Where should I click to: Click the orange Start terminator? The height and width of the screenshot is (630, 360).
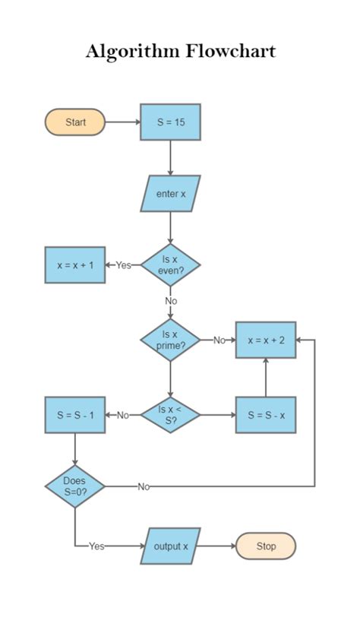pos(75,122)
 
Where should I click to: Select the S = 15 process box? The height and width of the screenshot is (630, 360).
pos(170,122)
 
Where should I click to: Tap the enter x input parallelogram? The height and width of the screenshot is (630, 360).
pos(170,194)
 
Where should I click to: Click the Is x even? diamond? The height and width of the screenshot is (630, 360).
pos(170,264)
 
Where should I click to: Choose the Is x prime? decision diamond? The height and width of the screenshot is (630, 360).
pos(170,340)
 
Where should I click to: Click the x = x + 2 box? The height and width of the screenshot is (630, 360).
pos(265,340)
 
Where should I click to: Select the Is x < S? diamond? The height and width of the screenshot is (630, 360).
pos(170,415)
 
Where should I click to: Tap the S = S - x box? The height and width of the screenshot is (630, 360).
pos(265,415)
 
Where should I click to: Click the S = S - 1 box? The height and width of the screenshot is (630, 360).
pos(75,415)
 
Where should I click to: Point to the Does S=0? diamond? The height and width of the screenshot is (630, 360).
pos(75,486)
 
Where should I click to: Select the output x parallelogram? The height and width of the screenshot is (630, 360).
pos(170,546)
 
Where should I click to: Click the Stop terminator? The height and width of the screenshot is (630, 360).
pos(265,546)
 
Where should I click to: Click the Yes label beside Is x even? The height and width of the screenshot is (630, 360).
pos(124,265)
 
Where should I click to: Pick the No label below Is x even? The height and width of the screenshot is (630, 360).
pos(170,301)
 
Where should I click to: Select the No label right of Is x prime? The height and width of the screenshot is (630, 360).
pos(219,340)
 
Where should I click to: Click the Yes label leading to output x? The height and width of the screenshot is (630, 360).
pos(96,546)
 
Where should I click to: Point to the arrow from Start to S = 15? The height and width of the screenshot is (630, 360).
pos(122,122)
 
